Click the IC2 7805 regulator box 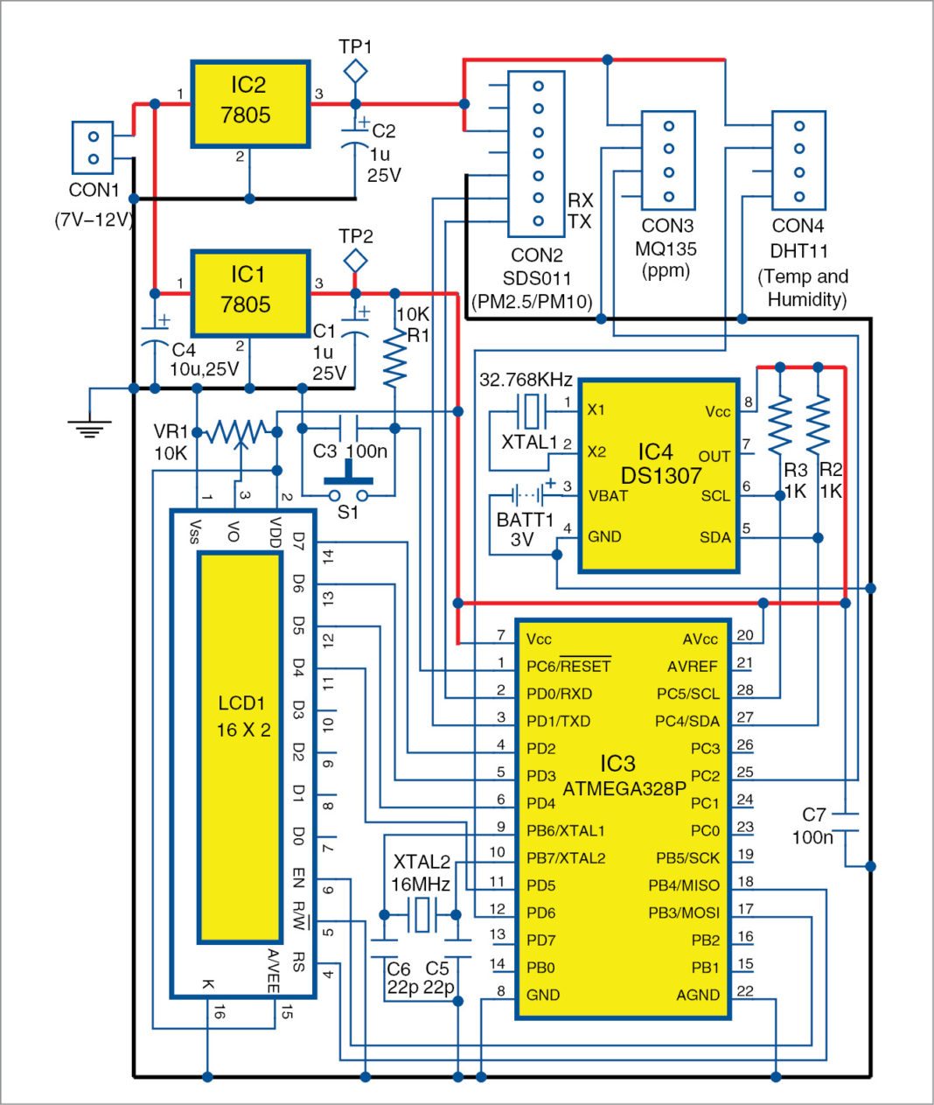[x=250, y=103]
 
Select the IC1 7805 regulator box [x=250, y=293]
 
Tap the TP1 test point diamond [x=355, y=71]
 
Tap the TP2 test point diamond [x=355, y=261]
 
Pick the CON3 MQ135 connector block [x=668, y=160]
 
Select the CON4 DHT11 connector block [x=798, y=160]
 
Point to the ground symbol [x=90, y=426]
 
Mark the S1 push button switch [x=349, y=486]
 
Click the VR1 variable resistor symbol [x=237, y=431]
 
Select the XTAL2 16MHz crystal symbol [x=421, y=914]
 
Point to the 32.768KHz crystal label [x=526, y=380]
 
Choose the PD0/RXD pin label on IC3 [x=559, y=693]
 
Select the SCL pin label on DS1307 [x=714, y=496]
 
